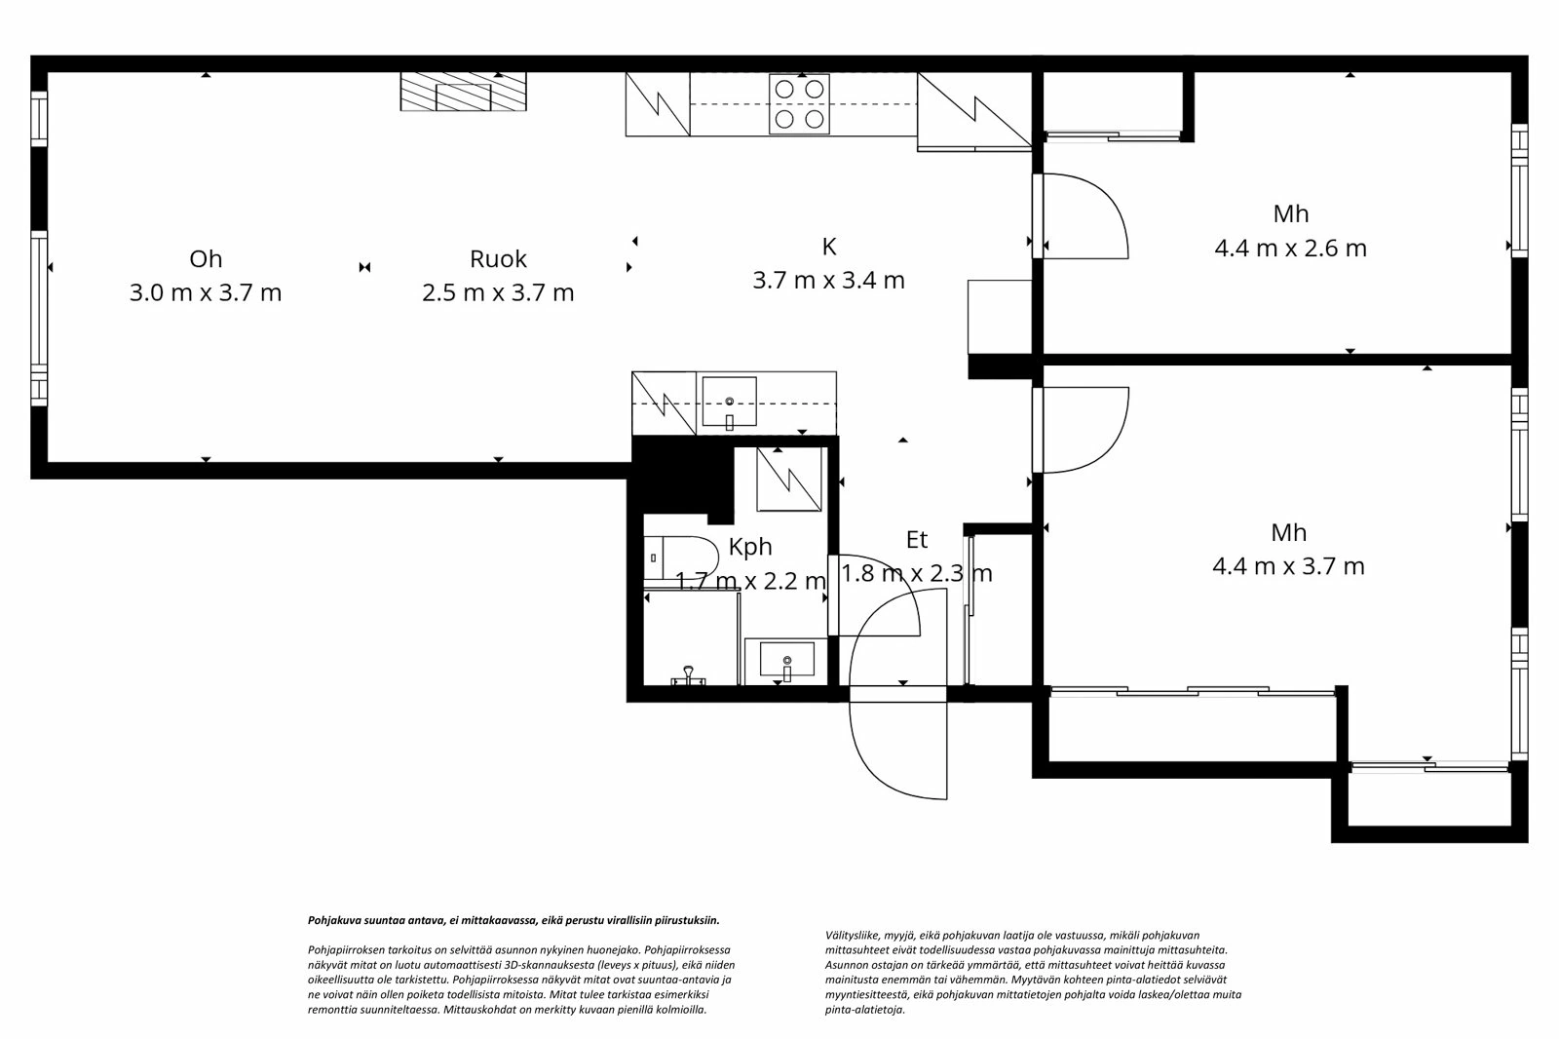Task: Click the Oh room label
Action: click(x=206, y=258)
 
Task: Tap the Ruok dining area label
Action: click(x=498, y=258)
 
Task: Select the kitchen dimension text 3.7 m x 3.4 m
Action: click(x=828, y=281)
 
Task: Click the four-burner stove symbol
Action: click(x=799, y=103)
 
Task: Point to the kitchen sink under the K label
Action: click(x=729, y=402)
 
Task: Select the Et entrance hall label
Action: click(x=916, y=540)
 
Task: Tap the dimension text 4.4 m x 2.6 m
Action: click(x=1290, y=248)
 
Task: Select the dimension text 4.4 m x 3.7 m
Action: click(x=1288, y=566)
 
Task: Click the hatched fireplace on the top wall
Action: click(x=463, y=93)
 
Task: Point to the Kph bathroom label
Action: click(x=750, y=548)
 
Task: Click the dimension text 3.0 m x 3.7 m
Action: click(x=206, y=292)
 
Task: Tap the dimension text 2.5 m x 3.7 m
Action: click(x=498, y=292)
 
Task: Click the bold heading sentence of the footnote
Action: click(x=513, y=919)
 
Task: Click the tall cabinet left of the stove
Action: click(x=657, y=103)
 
